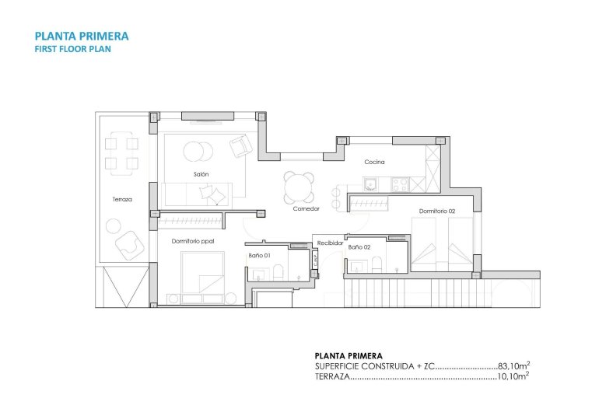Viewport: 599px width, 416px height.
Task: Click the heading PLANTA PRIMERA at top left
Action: click(x=82, y=36)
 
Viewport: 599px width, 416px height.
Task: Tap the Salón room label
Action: click(x=201, y=174)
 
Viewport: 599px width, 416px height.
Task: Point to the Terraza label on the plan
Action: click(x=122, y=200)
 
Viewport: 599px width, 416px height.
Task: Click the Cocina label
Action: click(x=375, y=163)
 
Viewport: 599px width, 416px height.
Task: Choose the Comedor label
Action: click(x=307, y=209)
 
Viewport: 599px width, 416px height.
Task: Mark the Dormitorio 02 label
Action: click(x=436, y=211)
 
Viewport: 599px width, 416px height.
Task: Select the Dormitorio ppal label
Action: click(x=193, y=241)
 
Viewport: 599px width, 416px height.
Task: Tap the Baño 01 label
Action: click(x=259, y=255)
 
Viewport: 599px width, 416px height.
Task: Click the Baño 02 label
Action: click(x=359, y=247)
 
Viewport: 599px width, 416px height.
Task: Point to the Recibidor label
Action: click(x=330, y=243)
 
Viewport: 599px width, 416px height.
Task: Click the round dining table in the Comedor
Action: click(x=299, y=187)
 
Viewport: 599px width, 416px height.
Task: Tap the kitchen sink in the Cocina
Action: click(x=370, y=184)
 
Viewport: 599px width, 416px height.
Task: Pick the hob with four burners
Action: click(x=399, y=184)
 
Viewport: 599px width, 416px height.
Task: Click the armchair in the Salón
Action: click(x=241, y=145)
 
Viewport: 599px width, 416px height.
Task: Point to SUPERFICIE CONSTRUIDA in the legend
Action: click(x=365, y=365)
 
